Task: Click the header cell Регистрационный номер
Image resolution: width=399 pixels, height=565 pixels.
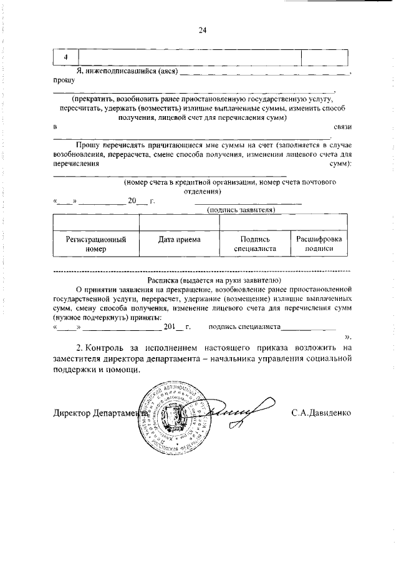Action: pyautogui.click(x=96, y=243)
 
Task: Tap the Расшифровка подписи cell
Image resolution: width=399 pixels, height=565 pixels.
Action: pyautogui.click(x=319, y=243)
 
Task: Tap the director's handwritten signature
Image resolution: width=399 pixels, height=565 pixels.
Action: pyautogui.click(x=240, y=412)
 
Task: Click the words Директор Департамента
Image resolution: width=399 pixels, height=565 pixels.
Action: pyautogui.click(x=100, y=413)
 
